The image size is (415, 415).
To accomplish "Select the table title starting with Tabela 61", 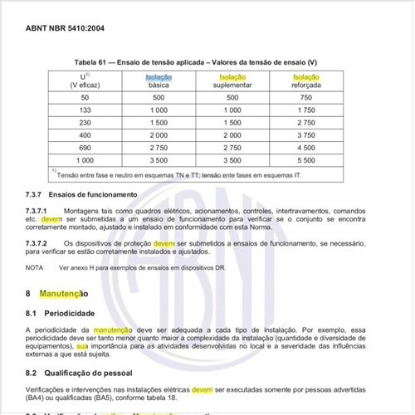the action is [195, 63].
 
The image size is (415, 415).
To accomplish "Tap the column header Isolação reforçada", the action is [305, 81].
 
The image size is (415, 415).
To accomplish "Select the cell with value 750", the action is [305, 97].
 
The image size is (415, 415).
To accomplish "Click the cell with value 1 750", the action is [305, 110].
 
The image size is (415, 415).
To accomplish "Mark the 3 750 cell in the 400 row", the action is [305, 134].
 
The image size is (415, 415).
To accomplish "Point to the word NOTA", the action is [34, 268].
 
